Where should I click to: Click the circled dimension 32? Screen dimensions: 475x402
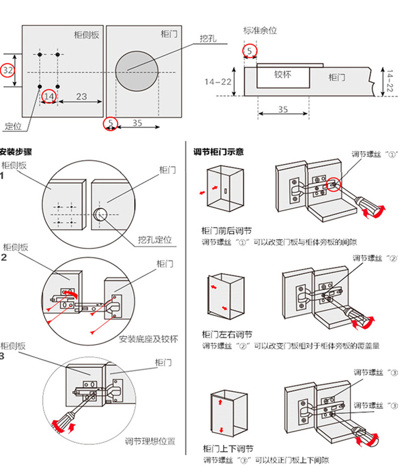coord(8,70)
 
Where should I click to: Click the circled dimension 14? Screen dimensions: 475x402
coord(49,96)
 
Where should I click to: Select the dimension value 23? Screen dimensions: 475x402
coord(81,96)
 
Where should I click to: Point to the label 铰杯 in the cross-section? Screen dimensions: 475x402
coord(282,74)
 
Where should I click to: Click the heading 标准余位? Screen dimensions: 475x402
coord(260,30)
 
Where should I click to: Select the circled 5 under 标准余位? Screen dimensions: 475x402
coord(250,50)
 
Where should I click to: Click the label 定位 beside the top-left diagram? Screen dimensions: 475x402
coord(13,126)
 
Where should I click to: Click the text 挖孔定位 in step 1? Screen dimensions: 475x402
coord(155,240)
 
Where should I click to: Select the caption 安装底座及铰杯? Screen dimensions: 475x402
coord(148,338)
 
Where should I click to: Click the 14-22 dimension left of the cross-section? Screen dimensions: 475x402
coord(218,81)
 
